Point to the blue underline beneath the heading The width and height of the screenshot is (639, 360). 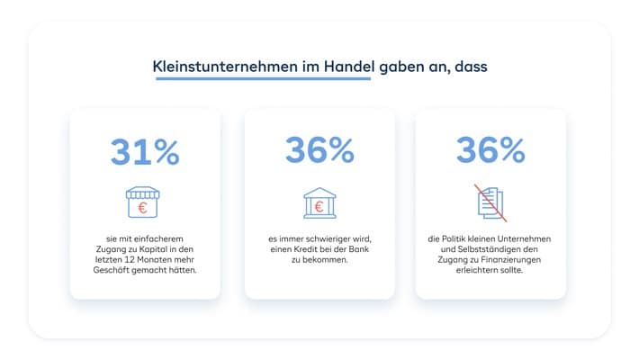[263, 79]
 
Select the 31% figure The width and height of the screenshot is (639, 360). [145, 151]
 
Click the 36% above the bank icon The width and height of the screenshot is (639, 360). [319, 150]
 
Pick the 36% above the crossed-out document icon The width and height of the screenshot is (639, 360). [490, 150]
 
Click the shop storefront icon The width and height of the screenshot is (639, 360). [144, 202]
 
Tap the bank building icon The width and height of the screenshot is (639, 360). [319, 202]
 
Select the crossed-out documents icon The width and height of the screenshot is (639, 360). [490, 202]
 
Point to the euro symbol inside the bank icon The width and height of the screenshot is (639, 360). [319, 207]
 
